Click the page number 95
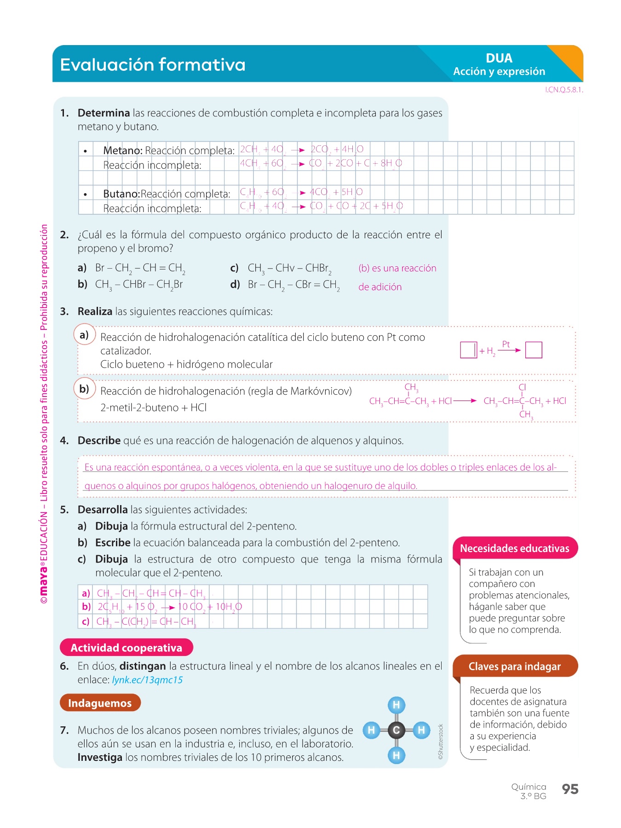coord(570,789)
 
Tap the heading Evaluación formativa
coord(153,65)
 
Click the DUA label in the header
coord(499,58)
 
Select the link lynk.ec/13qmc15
coord(147,680)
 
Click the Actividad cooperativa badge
coord(126,648)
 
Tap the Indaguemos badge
coord(100,703)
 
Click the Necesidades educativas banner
coord(514,548)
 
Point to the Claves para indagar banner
coord(514,667)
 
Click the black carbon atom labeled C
coord(396,730)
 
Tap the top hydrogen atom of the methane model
coord(396,705)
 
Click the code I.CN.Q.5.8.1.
coord(564,90)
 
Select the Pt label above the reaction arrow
coord(506,344)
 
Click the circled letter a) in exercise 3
coord(84,335)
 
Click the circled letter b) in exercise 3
coord(84,389)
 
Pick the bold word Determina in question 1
coord(103,113)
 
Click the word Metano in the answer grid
coord(122,150)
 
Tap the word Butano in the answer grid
coord(121,194)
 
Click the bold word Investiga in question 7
coord(100,757)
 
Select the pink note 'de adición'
coord(380,287)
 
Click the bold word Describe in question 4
coord(99,441)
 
